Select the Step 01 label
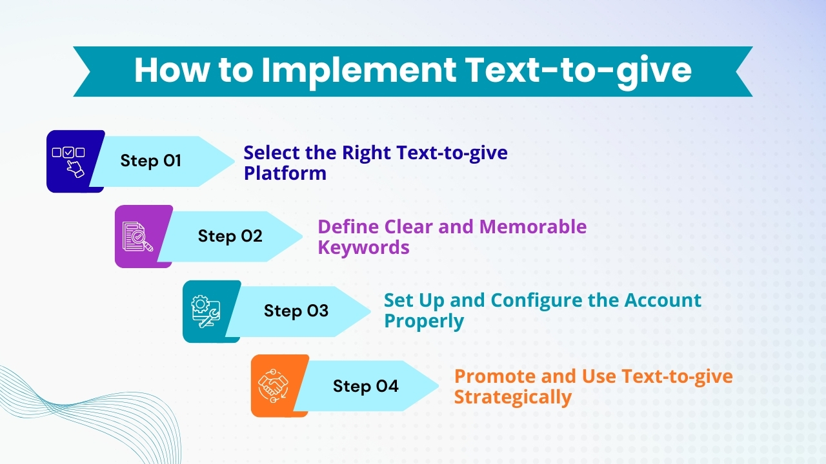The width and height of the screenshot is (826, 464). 151,161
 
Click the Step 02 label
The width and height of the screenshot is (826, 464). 230,236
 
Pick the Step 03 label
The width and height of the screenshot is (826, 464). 296,311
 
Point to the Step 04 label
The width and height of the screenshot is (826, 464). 365,386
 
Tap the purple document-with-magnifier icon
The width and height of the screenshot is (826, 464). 137,237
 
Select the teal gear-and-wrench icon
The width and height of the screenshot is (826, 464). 206,311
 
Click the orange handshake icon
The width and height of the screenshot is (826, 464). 274,386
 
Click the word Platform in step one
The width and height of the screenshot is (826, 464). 285,173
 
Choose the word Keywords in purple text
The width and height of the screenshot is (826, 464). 363,247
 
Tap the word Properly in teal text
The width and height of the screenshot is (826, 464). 424,322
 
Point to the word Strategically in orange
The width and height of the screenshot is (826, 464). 512,397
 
